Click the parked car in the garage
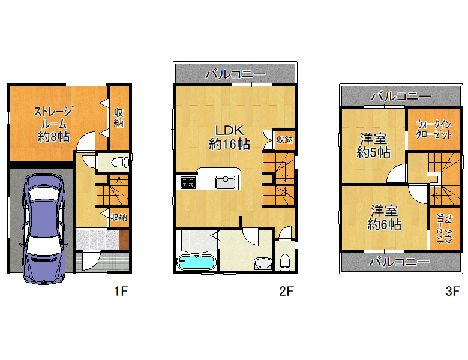pyautogui.click(x=45, y=229)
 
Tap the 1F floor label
pyautogui.click(x=121, y=291)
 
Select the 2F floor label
pyautogui.click(x=287, y=291)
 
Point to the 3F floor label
pyautogui.click(x=452, y=291)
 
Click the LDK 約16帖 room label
pyautogui.click(x=230, y=137)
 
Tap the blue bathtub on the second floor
pyautogui.click(x=196, y=262)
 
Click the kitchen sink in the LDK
pyautogui.click(x=226, y=182)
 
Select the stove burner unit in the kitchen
pyautogui.click(x=188, y=182)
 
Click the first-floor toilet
pyautogui.click(x=119, y=163)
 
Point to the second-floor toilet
pyautogui.click(x=286, y=262)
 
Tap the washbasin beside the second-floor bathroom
pyautogui.click(x=263, y=264)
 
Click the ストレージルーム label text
pyautogui.click(x=54, y=118)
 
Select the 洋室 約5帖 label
pyautogui.click(x=373, y=146)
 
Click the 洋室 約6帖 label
pyautogui.click(x=384, y=218)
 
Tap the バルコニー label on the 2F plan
pyautogui.click(x=235, y=74)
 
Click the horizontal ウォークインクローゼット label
pyautogui.click(x=434, y=129)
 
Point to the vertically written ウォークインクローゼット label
pyautogui.click(x=443, y=229)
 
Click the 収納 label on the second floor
pyautogui.click(x=284, y=140)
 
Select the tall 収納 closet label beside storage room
pyautogui.click(x=118, y=118)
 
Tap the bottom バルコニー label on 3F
pyautogui.click(x=400, y=262)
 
